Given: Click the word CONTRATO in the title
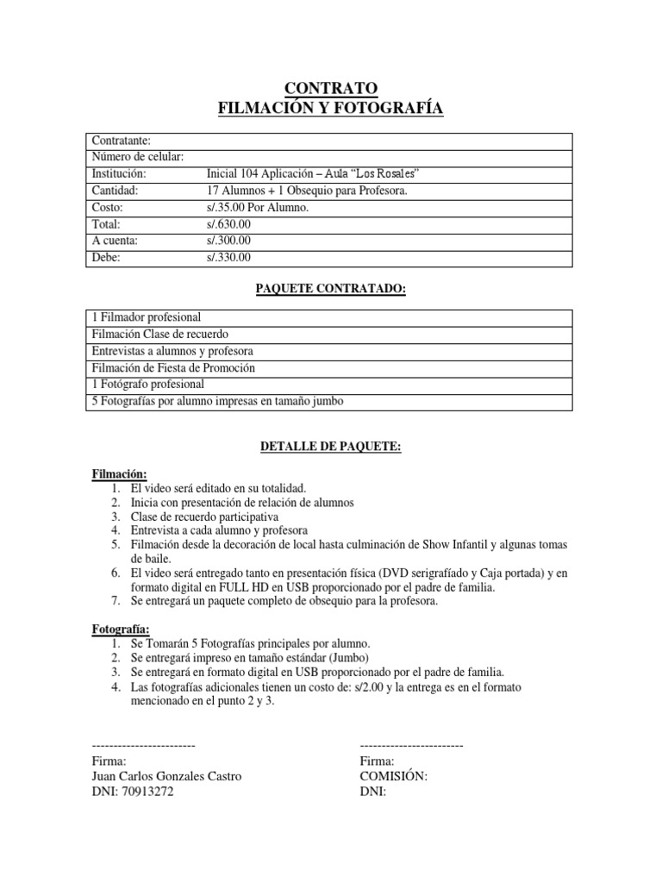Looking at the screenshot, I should pyautogui.click(x=331, y=88).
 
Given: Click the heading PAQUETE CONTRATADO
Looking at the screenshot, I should pyautogui.click(x=331, y=290).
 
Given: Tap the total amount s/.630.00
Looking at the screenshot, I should pyautogui.click(x=223, y=223).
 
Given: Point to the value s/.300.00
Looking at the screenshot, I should pyautogui.click(x=223, y=240).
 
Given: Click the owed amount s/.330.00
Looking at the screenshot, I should pyautogui.click(x=223, y=257).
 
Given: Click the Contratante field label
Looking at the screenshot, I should pyautogui.click(x=122, y=140).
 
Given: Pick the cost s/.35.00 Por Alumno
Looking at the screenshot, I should pyautogui.click(x=253, y=207).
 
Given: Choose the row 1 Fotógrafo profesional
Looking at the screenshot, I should pyautogui.click(x=147, y=384).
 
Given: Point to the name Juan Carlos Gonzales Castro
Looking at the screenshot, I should pyautogui.click(x=166, y=776).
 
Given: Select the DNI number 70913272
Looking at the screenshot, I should pyautogui.click(x=147, y=792).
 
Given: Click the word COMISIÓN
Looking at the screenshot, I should pyautogui.click(x=393, y=776).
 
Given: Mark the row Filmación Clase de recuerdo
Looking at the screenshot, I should pyautogui.click(x=160, y=334).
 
